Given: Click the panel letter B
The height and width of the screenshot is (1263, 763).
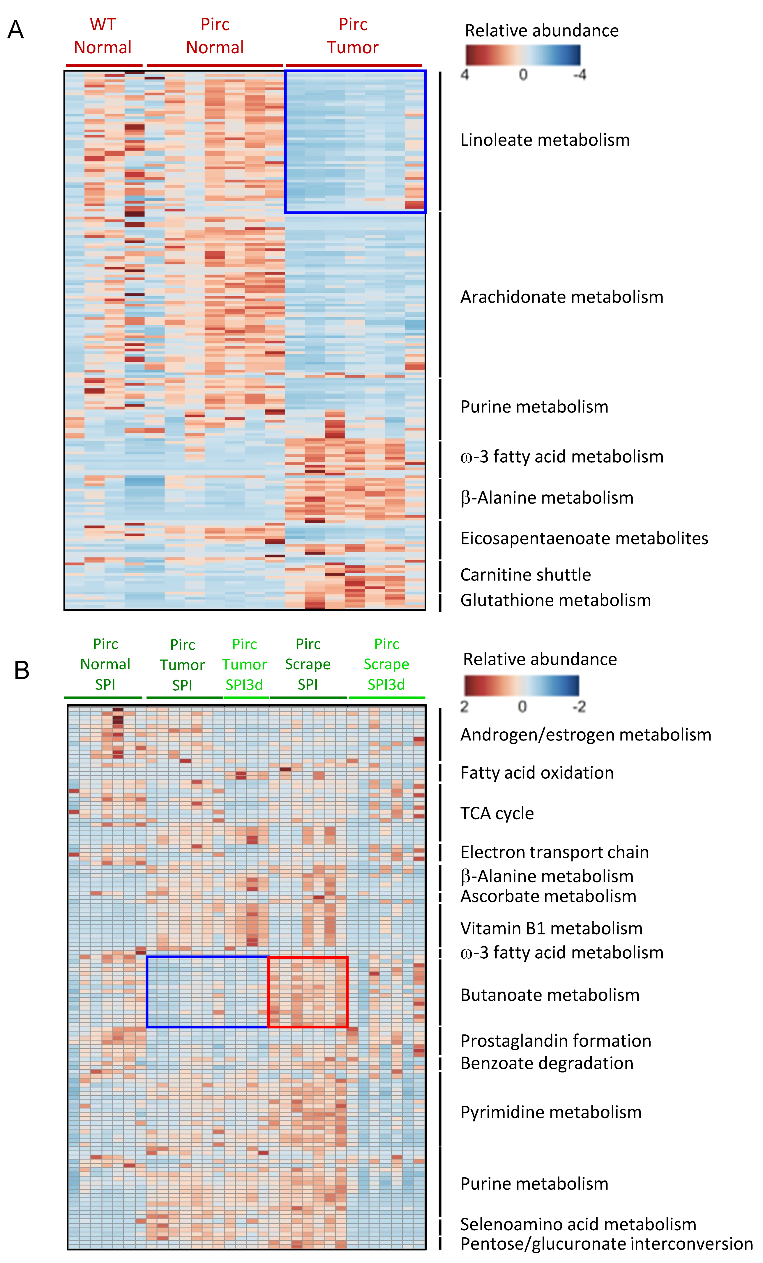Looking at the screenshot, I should pyautogui.click(x=22, y=670).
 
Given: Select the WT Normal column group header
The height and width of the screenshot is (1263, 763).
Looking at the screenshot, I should pyautogui.click(x=103, y=36).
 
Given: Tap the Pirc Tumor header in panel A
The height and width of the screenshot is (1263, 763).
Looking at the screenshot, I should pyautogui.click(x=353, y=36).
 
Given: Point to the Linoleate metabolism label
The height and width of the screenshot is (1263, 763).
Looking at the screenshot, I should pyautogui.click(x=545, y=140).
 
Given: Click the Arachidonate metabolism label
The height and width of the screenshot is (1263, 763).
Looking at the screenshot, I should pyautogui.click(x=561, y=297).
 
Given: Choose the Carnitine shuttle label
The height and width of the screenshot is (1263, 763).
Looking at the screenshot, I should pyautogui.click(x=525, y=575).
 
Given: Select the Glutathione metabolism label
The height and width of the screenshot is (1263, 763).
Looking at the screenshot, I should pyautogui.click(x=555, y=600).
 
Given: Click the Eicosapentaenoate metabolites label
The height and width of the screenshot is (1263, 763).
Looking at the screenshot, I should pyautogui.click(x=584, y=538).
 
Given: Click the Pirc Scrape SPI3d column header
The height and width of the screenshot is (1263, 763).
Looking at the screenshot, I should pyautogui.click(x=386, y=664).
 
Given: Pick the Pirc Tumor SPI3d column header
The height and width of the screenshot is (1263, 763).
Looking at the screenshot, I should pyautogui.click(x=244, y=664).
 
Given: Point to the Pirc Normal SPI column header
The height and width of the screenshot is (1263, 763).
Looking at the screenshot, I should pyautogui.click(x=105, y=664).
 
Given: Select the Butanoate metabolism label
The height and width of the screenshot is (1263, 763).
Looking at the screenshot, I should pyautogui.click(x=550, y=995).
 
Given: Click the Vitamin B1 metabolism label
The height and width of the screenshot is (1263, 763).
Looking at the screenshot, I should pyautogui.click(x=551, y=928).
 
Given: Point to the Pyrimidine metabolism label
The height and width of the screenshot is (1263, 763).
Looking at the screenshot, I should pyautogui.click(x=551, y=1112).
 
